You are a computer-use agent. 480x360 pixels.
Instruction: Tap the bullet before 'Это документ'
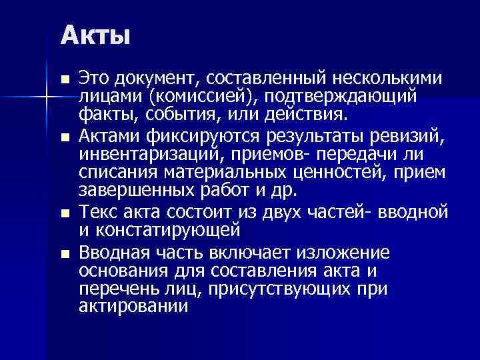[x=64, y=80]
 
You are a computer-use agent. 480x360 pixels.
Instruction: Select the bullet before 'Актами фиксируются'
[x=64, y=139]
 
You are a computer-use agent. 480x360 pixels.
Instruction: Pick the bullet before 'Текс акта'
[x=64, y=215]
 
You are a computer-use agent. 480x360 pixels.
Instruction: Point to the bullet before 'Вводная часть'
[x=64, y=253]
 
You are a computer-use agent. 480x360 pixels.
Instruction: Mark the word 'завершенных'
[x=134, y=191]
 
